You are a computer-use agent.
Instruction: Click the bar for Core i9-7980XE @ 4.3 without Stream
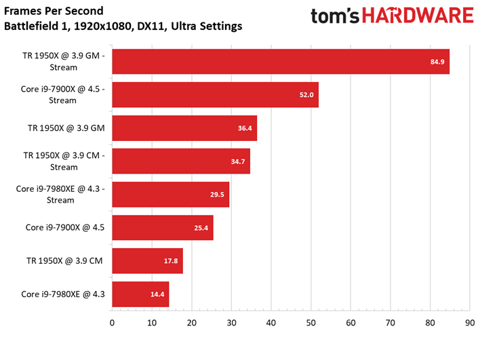point(140,294)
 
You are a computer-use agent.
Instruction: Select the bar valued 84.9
point(281,62)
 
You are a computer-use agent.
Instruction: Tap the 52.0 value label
point(306,95)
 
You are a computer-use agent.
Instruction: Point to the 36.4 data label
point(245,128)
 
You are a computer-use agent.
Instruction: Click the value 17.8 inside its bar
point(171,261)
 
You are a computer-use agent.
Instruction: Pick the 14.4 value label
point(157,294)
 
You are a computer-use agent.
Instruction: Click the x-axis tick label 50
point(311,323)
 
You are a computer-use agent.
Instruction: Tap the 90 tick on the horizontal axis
point(470,323)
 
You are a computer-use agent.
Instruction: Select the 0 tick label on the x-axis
point(112,323)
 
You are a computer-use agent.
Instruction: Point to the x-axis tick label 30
point(231,323)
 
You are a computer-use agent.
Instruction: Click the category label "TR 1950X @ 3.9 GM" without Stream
point(66,128)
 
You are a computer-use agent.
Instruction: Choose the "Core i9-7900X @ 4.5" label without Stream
point(65,227)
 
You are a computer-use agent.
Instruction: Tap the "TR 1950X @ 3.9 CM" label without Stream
point(64,261)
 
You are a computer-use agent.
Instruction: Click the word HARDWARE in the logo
point(418,16)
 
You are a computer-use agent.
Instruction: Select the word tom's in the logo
point(335,16)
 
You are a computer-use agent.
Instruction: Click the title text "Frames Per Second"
point(54,11)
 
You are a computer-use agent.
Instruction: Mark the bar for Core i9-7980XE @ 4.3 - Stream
point(171,195)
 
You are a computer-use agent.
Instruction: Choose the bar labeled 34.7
point(181,161)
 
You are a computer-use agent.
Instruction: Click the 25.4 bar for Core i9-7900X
point(163,228)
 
